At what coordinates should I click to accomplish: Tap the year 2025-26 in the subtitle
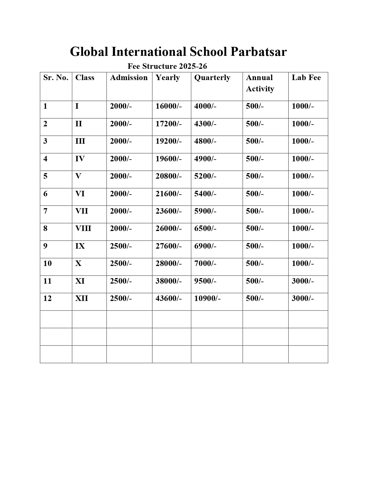tap(193, 66)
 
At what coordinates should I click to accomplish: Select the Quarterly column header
tap(212, 78)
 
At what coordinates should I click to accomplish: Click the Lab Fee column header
tap(306, 77)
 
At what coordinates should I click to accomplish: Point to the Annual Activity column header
tap(260, 83)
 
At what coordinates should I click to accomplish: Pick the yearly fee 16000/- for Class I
tap(169, 106)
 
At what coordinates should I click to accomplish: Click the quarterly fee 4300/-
tap(205, 124)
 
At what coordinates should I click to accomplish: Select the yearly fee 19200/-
tap(169, 141)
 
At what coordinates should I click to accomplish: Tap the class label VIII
tap(83, 229)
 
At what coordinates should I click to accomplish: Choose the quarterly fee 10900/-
tap(207, 299)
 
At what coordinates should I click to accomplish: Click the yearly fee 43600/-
tap(169, 299)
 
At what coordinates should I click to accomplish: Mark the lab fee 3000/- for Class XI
tap(302, 281)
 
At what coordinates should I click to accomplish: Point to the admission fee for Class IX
tap(121, 246)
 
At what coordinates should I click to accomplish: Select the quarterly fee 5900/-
tap(205, 211)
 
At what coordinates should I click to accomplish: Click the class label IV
tap(80, 159)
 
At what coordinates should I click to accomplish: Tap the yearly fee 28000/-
tap(169, 264)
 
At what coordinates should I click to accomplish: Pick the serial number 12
tap(47, 299)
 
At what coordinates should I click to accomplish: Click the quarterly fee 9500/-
tap(205, 281)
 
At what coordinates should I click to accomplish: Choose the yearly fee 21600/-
tap(169, 194)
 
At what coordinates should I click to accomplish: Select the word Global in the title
tap(89, 52)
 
